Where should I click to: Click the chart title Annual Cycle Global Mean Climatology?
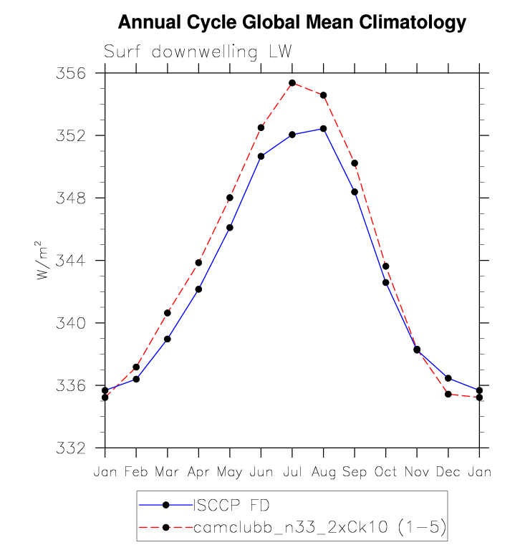pos(292,22)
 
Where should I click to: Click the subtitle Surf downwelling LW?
pos(198,52)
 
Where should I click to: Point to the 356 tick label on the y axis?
pos(82,74)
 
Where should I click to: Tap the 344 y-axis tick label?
pos(82,261)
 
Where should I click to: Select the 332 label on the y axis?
pos(82,448)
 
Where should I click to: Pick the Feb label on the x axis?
pos(136,473)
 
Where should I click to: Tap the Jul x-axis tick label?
pos(292,473)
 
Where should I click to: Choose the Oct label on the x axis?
pos(385,473)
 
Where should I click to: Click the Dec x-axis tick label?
pos(448,473)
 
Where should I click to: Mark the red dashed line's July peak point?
pos(292,83)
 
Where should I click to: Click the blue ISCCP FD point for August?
pos(324,129)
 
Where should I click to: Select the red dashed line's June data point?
pos(261,127)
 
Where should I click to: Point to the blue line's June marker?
pos(261,156)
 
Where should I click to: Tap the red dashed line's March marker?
pos(168,313)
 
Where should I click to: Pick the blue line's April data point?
pos(198,289)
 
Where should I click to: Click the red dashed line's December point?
pos(448,394)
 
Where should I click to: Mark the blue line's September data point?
pos(355,192)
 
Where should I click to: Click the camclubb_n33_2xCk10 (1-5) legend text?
pos(320,528)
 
